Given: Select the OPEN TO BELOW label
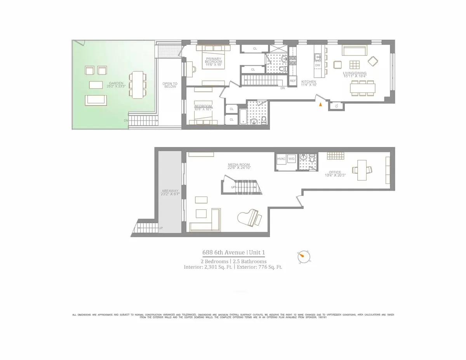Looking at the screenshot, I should pyautogui.click(x=170, y=85).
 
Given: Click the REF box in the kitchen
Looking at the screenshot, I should pyautogui.click(x=293, y=81).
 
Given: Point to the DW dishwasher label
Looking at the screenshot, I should pyautogui.click(x=318, y=65).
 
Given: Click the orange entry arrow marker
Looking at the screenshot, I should pyautogui.click(x=320, y=104).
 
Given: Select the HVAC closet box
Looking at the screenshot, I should pyautogui.click(x=282, y=159).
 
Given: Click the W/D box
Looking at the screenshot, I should pyautogui.click(x=291, y=159).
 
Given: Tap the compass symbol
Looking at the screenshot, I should pyautogui.click(x=303, y=257).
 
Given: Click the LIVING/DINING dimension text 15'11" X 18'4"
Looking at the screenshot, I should pyautogui.click(x=354, y=77).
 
